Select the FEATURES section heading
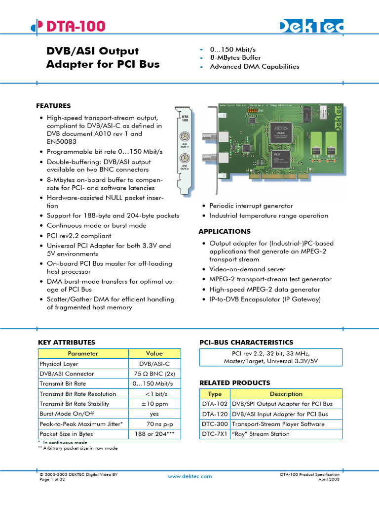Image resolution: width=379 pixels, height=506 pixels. [x=53, y=106]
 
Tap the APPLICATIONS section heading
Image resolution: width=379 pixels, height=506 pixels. [x=225, y=231]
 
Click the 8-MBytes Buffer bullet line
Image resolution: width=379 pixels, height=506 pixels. [x=235, y=58]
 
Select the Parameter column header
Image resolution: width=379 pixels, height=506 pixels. [x=83, y=354]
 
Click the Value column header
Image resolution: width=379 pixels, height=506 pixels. [x=154, y=354]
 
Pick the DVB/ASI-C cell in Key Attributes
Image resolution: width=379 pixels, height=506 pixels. [x=154, y=364]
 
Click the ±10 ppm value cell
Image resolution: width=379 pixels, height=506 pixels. [x=154, y=404]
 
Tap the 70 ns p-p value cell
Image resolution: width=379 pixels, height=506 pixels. [x=154, y=424]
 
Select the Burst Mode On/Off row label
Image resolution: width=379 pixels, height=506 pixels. [x=67, y=414]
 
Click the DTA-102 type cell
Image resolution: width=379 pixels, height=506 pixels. [x=215, y=404]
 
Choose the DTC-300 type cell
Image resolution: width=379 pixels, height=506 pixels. [x=215, y=424]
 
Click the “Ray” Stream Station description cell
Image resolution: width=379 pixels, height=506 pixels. [x=261, y=434]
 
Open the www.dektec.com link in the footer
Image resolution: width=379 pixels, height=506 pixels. [x=189, y=476]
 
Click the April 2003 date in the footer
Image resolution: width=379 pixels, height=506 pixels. [x=329, y=479]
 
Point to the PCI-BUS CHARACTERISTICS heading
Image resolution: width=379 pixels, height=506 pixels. [x=246, y=342]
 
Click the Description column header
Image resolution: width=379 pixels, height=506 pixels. [x=286, y=394]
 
